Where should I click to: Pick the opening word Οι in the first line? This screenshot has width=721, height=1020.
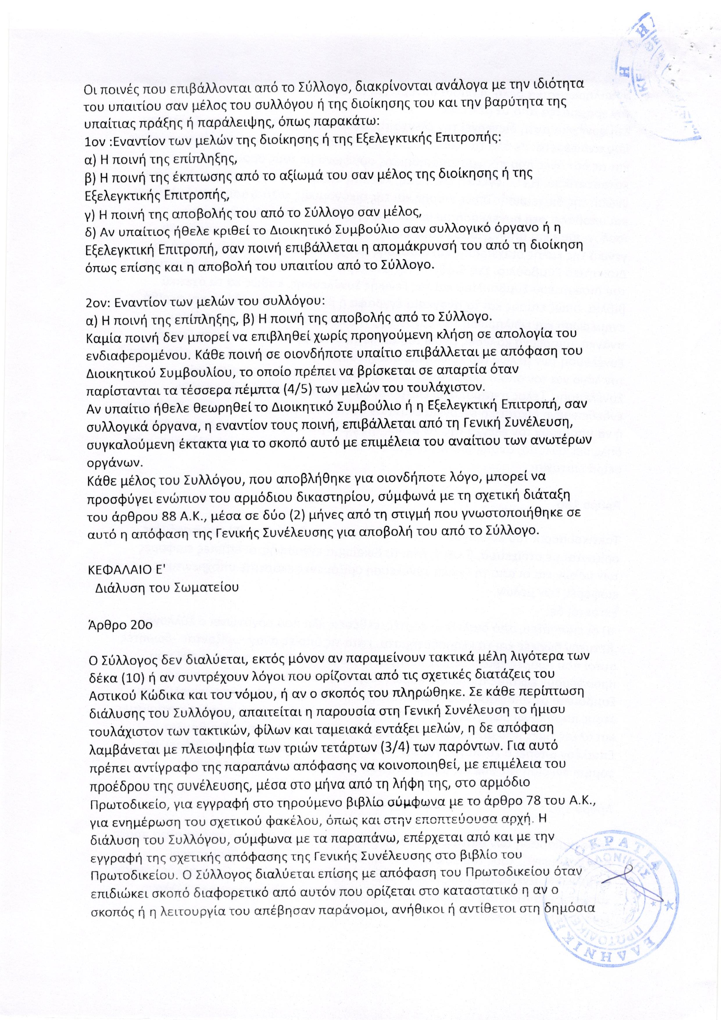(x=90, y=88)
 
